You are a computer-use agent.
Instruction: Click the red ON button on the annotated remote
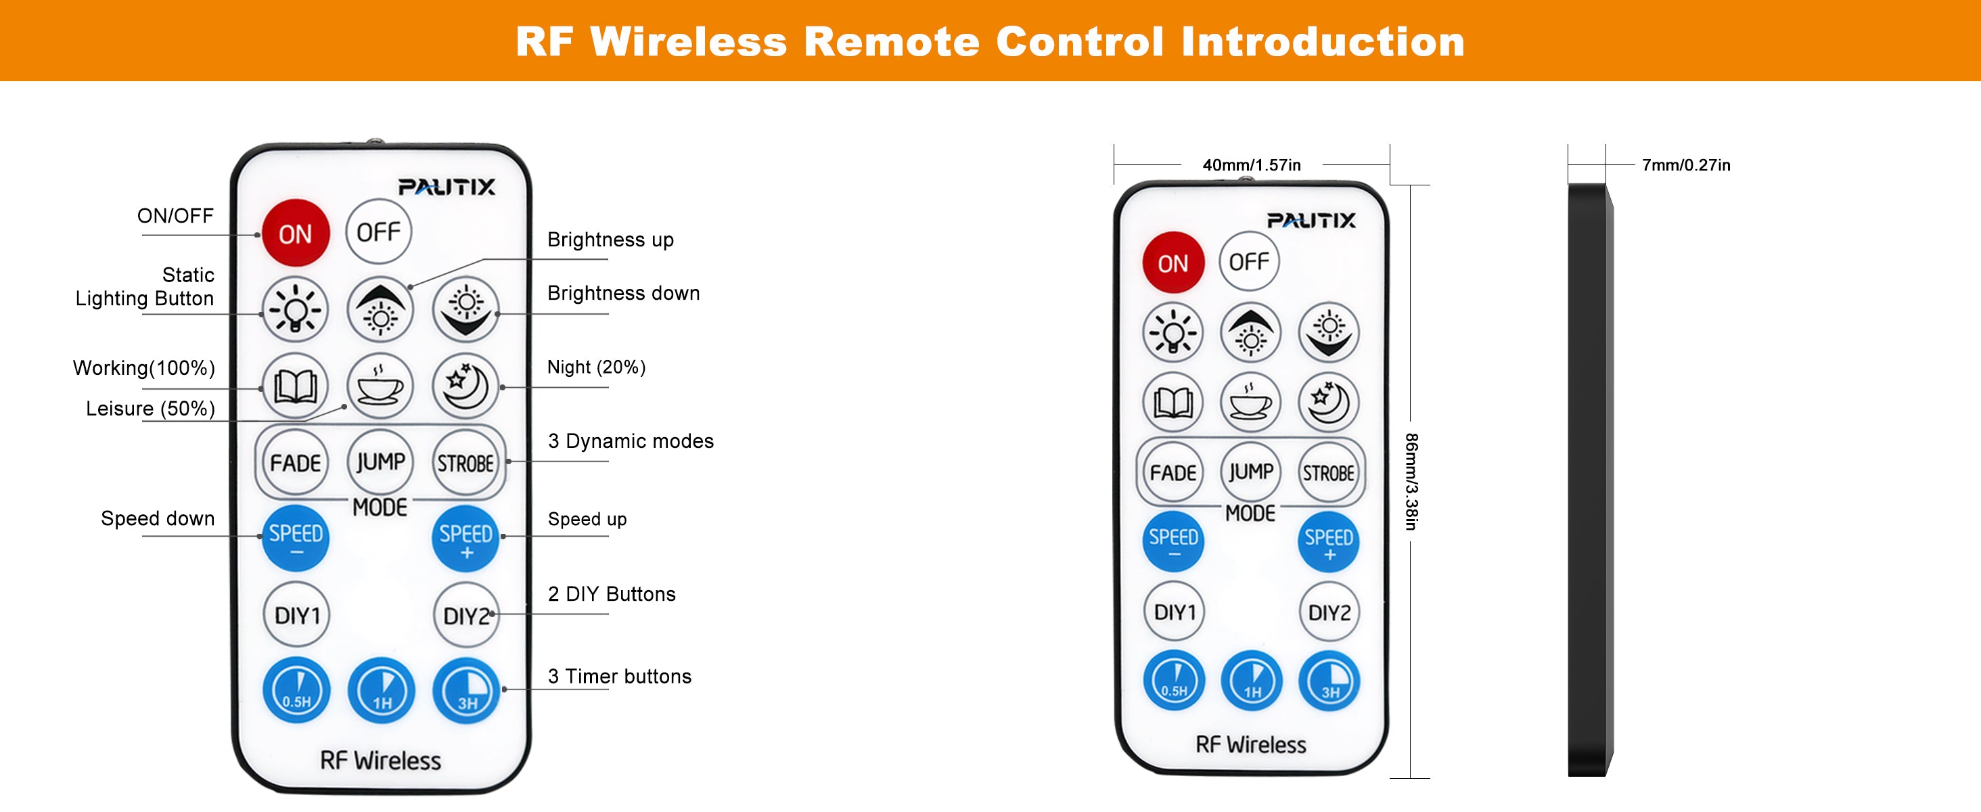295,233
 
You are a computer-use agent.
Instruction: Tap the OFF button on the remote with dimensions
1249,261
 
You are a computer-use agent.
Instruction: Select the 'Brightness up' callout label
610,240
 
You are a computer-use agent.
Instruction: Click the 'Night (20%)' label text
596,367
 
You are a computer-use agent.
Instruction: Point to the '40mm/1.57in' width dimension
1251,164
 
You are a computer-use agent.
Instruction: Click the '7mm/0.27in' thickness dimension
1686,164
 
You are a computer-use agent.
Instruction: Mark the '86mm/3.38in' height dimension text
1411,481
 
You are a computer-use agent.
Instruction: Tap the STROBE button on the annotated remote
465,463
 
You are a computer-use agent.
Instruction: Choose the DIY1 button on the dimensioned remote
1175,612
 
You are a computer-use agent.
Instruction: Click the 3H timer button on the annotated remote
466,690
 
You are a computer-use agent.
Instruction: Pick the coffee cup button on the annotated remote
380,385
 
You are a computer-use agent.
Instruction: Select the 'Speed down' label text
158,518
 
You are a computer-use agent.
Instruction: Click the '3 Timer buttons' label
619,676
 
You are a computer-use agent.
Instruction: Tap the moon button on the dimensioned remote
1329,402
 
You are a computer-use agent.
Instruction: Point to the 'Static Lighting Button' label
145,287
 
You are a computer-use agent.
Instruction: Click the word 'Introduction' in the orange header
1323,41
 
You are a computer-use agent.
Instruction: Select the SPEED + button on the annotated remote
466,538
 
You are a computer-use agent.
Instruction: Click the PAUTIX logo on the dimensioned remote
1311,221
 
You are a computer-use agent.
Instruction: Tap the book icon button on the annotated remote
295,385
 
